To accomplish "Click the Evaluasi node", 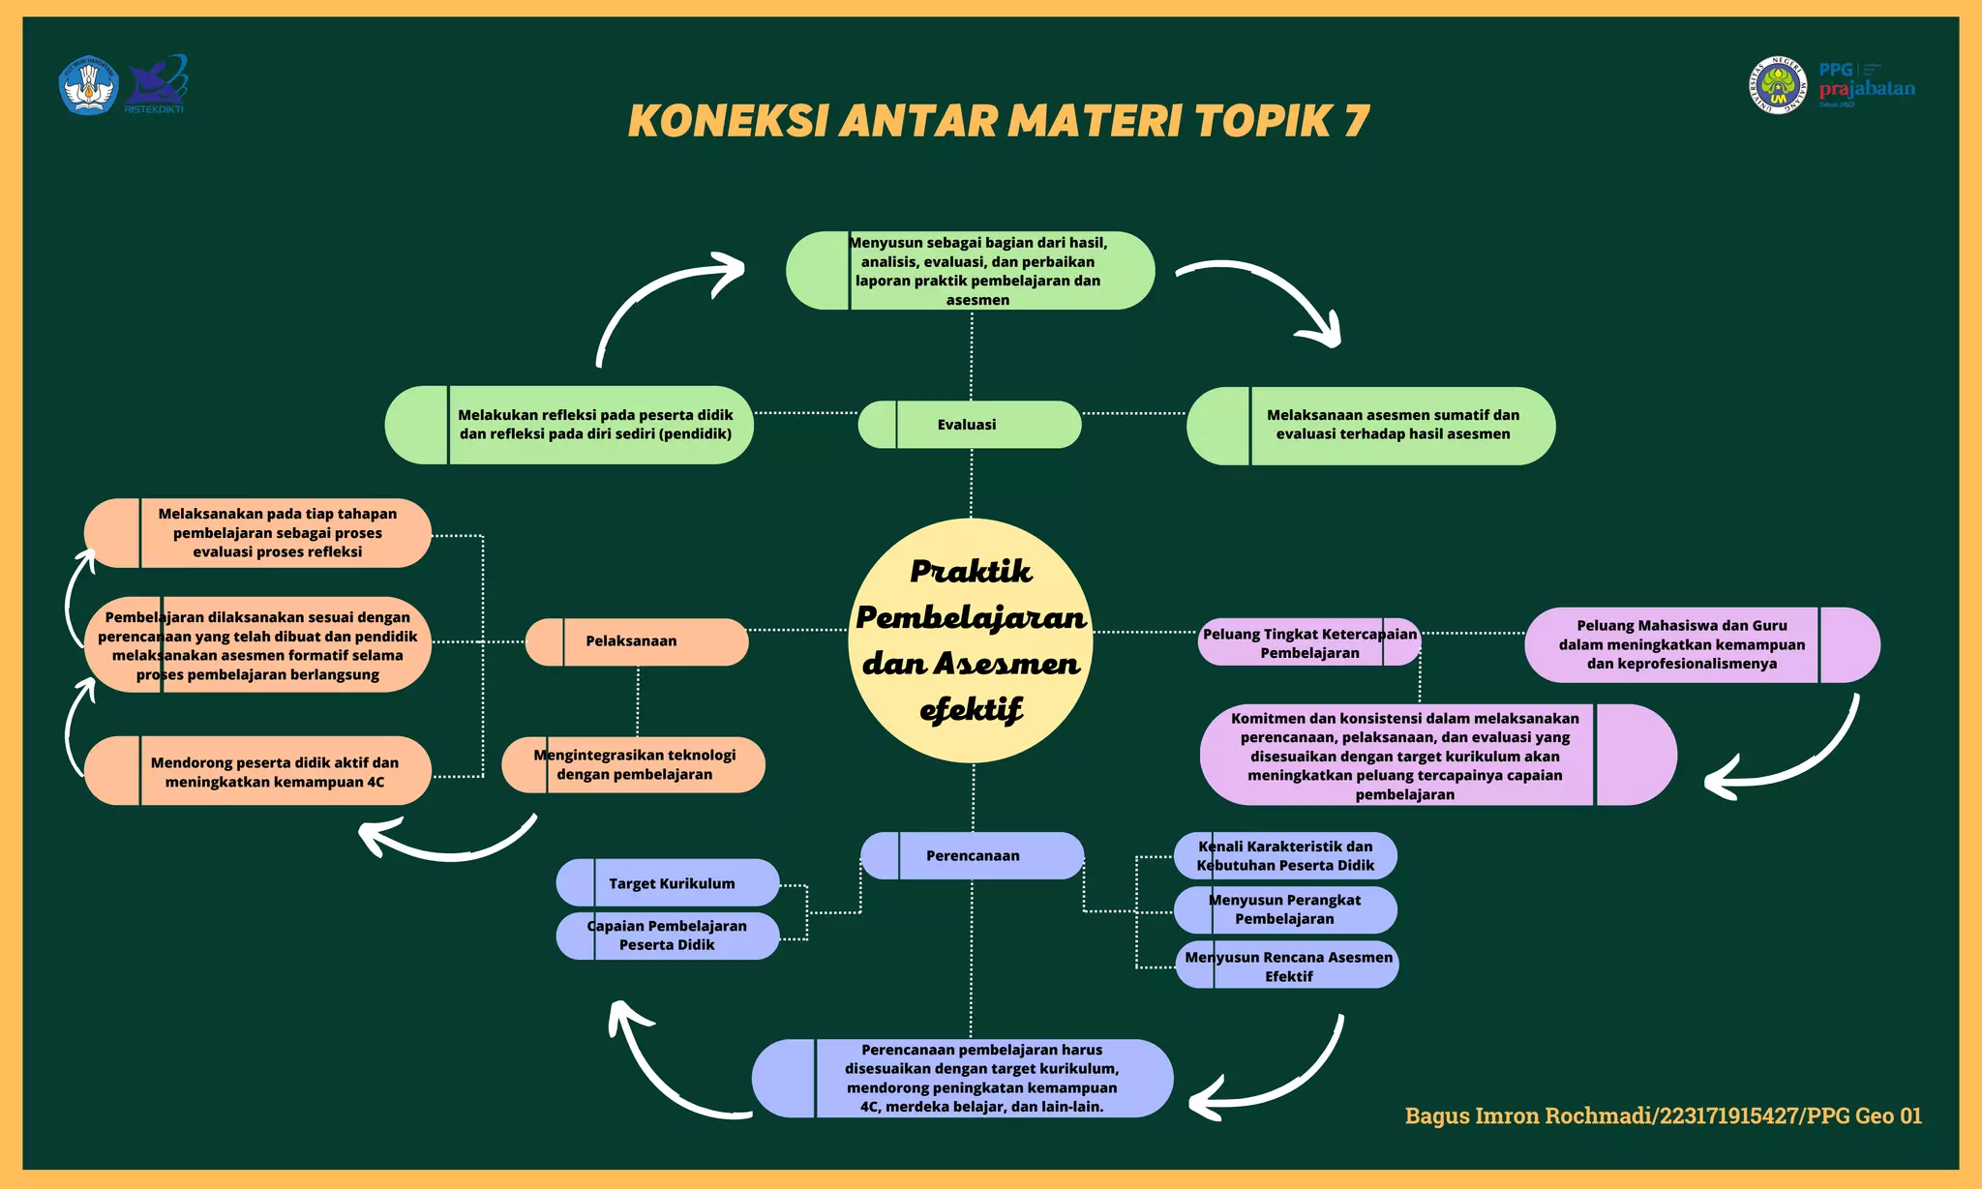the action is (969, 425).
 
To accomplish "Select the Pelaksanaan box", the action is (636, 641).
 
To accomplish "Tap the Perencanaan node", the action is (972, 855).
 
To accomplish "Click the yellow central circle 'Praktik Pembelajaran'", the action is (971, 639).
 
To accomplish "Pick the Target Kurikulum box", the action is (668, 882).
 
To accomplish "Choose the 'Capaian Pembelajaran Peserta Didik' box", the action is (668, 936).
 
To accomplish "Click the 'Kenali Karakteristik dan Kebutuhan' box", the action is (1285, 855).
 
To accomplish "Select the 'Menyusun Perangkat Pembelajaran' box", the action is (1285, 909).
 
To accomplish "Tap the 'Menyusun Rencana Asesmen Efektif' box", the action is (1287, 966).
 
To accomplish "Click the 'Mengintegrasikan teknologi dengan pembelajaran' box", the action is (634, 764).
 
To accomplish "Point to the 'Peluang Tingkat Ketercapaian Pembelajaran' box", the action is (1309, 642).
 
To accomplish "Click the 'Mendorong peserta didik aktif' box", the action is (257, 771).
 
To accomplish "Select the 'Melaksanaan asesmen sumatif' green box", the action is (1370, 426).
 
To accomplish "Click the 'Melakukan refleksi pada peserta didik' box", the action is (569, 425).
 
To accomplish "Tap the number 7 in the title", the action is (1356, 121).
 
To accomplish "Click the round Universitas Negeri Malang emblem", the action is (1777, 85).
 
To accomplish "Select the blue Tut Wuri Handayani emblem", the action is (89, 85).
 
